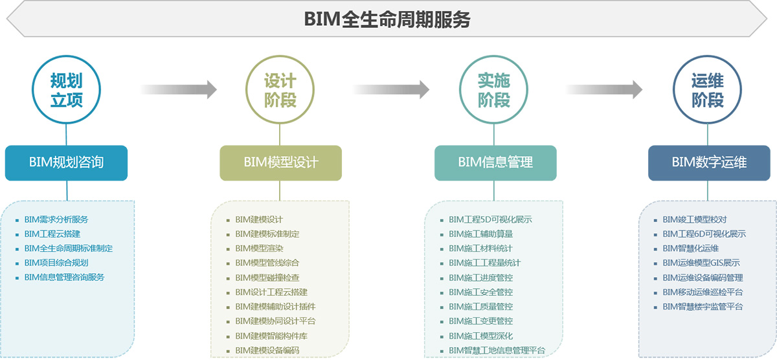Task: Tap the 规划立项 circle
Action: (x=67, y=90)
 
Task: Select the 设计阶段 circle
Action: (x=280, y=90)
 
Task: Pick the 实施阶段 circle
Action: (x=493, y=90)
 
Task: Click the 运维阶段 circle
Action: (x=707, y=90)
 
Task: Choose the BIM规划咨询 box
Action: (x=66, y=163)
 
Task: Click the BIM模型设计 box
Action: (x=281, y=163)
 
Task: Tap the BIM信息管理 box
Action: (x=495, y=163)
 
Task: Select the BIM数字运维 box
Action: (x=709, y=163)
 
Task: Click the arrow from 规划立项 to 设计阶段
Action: (x=178, y=89)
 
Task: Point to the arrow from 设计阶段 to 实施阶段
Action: (x=391, y=89)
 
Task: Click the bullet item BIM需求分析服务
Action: (x=56, y=219)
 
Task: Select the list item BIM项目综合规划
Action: (x=56, y=263)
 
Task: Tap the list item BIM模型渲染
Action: (x=259, y=248)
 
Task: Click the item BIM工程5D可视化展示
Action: (x=490, y=219)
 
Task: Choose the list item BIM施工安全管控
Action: (x=480, y=292)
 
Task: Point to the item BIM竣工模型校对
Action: (x=694, y=219)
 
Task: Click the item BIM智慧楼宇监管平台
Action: (x=703, y=306)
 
